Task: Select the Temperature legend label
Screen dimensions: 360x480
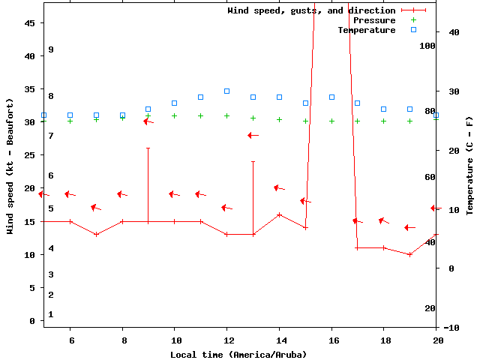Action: (366, 30)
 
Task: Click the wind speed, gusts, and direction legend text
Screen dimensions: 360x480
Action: (311, 10)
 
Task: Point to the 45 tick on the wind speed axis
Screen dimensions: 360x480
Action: (30, 23)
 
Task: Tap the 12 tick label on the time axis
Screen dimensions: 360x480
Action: (226, 340)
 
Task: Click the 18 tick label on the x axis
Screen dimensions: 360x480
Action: (383, 340)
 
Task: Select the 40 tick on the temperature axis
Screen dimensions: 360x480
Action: (454, 32)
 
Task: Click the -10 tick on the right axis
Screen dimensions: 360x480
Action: (451, 328)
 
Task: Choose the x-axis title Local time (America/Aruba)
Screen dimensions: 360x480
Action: (238, 354)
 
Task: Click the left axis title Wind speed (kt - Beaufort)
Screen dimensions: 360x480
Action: (10, 166)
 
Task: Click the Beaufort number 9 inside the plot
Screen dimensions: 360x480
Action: (51, 49)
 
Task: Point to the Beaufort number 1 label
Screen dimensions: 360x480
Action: (51, 314)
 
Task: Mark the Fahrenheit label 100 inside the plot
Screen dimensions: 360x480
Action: (427, 46)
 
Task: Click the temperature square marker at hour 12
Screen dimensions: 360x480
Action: (226, 91)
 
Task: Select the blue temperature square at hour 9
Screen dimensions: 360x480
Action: (148, 109)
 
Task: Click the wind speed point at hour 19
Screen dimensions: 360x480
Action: (409, 254)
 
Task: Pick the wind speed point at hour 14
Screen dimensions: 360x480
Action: (279, 214)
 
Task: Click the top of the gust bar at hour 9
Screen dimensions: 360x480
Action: (148, 148)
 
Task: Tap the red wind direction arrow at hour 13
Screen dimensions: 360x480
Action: (253, 135)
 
